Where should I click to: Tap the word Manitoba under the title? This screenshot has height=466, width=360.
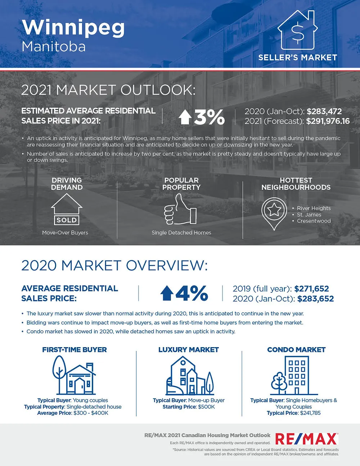[x=54, y=46]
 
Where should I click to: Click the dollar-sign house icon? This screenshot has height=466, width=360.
[x=297, y=30]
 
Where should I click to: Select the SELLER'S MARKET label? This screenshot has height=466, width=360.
[x=298, y=58]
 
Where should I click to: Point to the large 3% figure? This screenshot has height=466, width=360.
[x=210, y=117]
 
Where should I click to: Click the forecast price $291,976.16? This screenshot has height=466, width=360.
[x=328, y=121]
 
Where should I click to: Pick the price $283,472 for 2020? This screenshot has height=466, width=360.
[x=324, y=111]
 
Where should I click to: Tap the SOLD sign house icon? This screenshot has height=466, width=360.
[x=67, y=209]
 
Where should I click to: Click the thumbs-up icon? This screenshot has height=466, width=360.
[x=180, y=209]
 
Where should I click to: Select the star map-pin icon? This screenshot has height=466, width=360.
[x=274, y=214]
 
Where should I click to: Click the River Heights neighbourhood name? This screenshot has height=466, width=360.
[x=314, y=208]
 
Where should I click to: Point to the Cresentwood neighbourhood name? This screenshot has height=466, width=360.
[x=314, y=221]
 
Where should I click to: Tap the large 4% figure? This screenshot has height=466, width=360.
[x=192, y=293]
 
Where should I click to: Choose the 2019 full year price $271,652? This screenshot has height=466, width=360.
[x=311, y=289]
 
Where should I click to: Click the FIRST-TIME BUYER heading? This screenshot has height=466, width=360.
[x=75, y=350]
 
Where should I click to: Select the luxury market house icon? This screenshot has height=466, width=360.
[x=190, y=376]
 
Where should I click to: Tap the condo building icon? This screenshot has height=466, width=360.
[x=294, y=376]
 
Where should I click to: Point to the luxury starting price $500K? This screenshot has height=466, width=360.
[x=206, y=407]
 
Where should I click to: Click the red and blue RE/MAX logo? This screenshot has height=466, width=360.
[x=307, y=439]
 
